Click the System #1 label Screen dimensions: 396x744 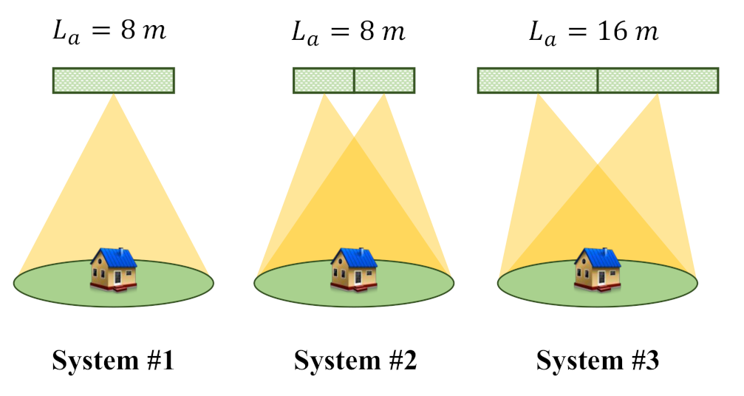point(113,361)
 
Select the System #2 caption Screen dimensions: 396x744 point(355,361)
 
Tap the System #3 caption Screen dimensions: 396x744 point(597,361)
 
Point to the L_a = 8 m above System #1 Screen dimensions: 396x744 point(112,33)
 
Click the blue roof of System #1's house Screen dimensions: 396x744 point(116,257)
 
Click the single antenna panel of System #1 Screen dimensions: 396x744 point(113,81)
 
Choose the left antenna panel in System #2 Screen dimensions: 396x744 point(324,81)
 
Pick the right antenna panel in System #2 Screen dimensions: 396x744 point(384,81)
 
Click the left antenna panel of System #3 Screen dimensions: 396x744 point(537,81)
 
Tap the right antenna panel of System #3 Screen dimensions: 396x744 point(658,81)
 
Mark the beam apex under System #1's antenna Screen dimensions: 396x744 point(113,95)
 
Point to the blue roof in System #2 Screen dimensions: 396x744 point(357,257)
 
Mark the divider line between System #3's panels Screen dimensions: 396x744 point(597,81)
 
